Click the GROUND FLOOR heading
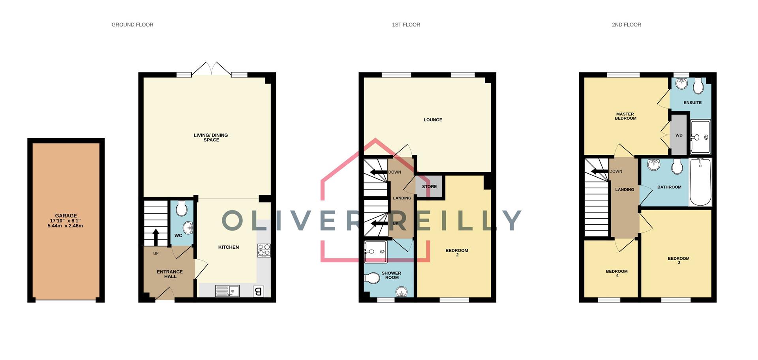pos(132,24)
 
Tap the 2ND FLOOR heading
pos(626,24)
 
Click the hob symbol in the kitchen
pos(264,251)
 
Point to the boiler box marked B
pos(259,291)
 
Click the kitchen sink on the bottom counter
pos(227,291)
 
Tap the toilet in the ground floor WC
pos(181,208)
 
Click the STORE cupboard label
pos(429,187)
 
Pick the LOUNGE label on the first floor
pos(433,120)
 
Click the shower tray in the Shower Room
pos(375,252)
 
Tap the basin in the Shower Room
pos(402,292)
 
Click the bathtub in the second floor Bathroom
pos(700,182)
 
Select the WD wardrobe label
pos(679,135)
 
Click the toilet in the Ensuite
pos(698,86)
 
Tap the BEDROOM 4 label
pos(617,273)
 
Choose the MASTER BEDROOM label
pos(625,116)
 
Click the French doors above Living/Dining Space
pos(211,69)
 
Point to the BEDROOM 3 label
pos(678,261)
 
